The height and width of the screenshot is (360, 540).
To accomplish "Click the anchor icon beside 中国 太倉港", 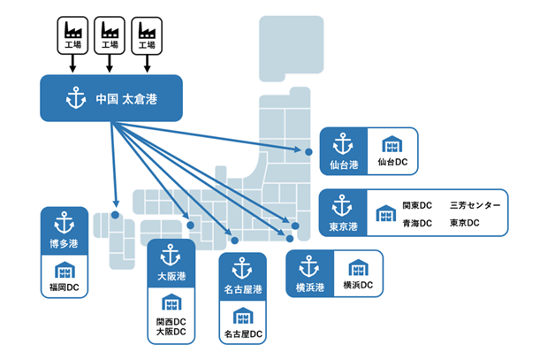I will pyautogui.click(x=75, y=97).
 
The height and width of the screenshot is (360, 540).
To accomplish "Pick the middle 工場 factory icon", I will pyautogui.click(x=109, y=34).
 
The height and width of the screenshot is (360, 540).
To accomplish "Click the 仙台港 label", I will pyautogui.click(x=338, y=165).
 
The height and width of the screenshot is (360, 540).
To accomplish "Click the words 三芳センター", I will pyautogui.click(x=475, y=205).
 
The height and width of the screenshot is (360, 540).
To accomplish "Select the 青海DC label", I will pyautogui.click(x=416, y=223).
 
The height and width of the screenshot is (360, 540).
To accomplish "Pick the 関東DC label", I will pyautogui.click(x=416, y=205).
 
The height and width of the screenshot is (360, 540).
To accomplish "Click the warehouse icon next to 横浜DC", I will pyautogui.click(x=357, y=267).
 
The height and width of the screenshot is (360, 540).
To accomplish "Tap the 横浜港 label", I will pyautogui.click(x=309, y=287).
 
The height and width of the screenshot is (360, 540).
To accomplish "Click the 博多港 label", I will pyautogui.click(x=64, y=242).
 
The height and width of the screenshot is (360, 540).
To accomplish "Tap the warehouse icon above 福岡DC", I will pyautogui.click(x=65, y=270).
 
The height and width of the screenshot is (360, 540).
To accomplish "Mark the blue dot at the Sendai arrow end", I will pyautogui.click(x=308, y=152).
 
